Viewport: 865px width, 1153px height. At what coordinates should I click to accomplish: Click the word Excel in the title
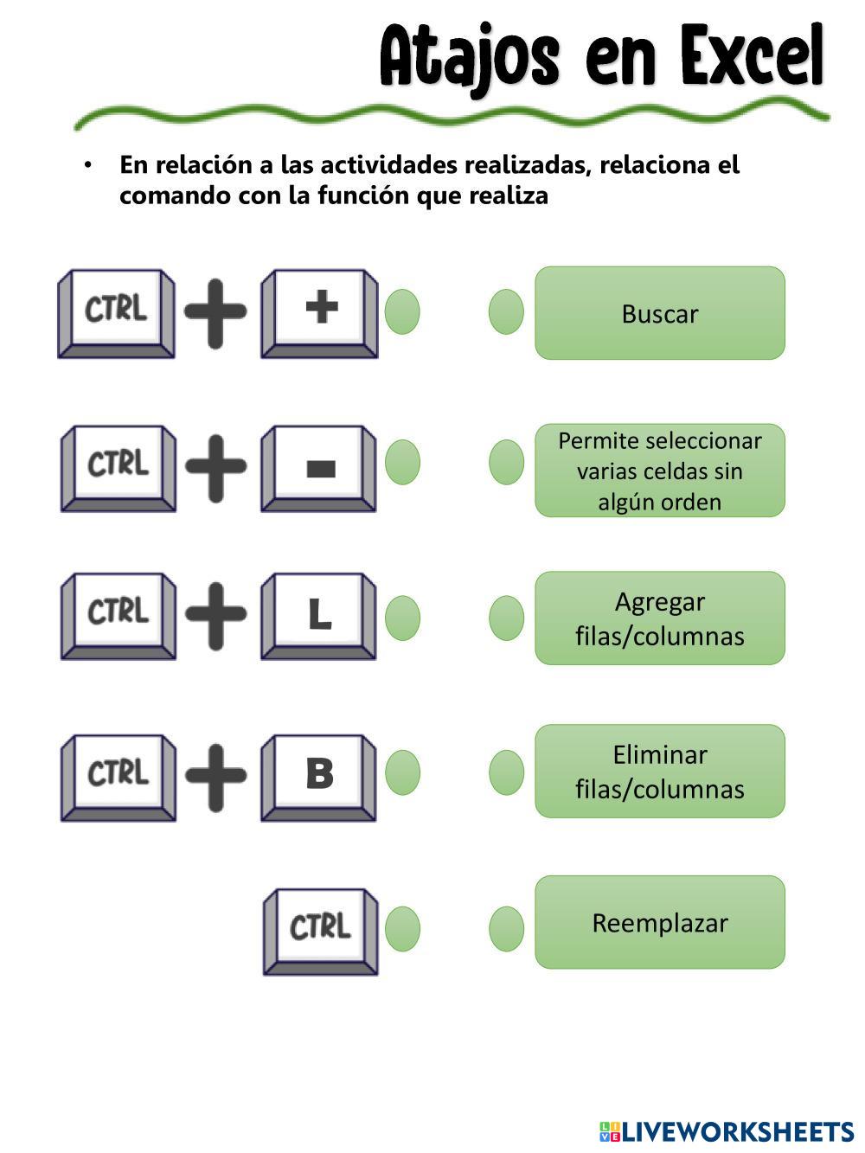pyautogui.click(x=752, y=55)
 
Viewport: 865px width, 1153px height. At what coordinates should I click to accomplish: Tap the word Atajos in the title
pyautogui.click(x=470, y=60)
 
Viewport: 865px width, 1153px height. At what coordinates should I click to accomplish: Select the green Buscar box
pyautogui.click(x=660, y=313)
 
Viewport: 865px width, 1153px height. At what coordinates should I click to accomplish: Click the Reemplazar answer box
pyautogui.click(x=660, y=923)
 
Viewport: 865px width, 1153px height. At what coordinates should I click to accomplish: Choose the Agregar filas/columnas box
pyautogui.click(x=660, y=618)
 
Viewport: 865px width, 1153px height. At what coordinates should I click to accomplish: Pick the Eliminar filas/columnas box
pyautogui.click(x=660, y=772)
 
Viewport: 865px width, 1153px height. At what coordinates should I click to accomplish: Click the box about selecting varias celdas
pyautogui.click(x=660, y=471)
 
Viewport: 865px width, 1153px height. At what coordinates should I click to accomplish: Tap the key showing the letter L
pyautogui.click(x=319, y=616)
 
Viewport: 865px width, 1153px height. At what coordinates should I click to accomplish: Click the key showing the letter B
pyautogui.click(x=319, y=778)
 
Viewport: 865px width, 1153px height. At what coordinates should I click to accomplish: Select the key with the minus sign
pyautogui.click(x=319, y=469)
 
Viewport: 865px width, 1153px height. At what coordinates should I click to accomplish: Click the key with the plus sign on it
pyautogui.click(x=320, y=314)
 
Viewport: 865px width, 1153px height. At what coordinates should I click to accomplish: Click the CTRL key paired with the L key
pyautogui.click(x=119, y=616)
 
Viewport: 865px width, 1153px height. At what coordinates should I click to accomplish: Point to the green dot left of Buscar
pyautogui.click(x=506, y=312)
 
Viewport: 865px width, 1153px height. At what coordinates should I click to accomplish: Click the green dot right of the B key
pyautogui.click(x=403, y=772)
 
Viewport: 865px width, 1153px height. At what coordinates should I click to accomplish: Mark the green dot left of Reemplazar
pyautogui.click(x=506, y=929)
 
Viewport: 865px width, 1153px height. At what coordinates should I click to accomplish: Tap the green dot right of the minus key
pyautogui.click(x=403, y=462)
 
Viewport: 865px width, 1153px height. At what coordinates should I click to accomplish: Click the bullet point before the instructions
pyautogui.click(x=87, y=165)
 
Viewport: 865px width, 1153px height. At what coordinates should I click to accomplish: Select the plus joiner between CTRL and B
pyautogui.click(x=216, y=778)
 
